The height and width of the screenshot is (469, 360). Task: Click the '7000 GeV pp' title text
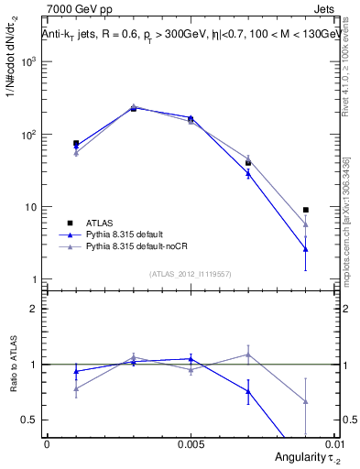[72, 10]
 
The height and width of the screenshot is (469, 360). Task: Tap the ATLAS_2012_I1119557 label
[191, 274]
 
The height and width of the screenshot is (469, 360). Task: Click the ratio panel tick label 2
[36, 309]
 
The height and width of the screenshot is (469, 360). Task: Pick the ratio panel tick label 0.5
[32, 420]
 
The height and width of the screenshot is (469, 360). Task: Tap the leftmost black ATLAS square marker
[76, 144]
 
